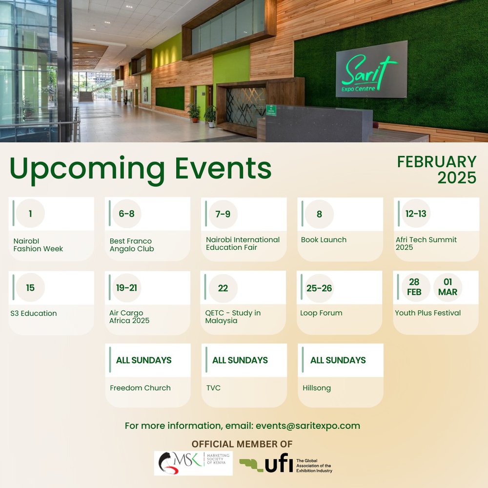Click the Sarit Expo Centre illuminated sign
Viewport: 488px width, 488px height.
(371, 69)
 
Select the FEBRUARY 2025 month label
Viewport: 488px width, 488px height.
(437, 169)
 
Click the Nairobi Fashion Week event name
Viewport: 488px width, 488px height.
(38, 245)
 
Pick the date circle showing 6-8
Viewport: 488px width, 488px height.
(127, 214)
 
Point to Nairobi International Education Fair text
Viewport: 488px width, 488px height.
(243, 244)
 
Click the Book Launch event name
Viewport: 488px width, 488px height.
(324, 240)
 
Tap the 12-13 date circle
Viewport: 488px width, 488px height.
(416, 214)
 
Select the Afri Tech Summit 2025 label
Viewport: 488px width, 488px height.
(426, 244)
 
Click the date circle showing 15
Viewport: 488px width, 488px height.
(30, 288)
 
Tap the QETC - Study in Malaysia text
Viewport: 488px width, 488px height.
(233, 317)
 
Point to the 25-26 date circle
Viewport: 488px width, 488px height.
(319, 288)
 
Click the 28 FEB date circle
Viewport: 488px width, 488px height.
(415, 287)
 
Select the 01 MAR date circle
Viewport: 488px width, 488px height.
(447, 287)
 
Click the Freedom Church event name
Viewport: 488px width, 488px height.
(140, 388)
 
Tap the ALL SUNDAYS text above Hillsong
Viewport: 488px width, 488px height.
(338, 360)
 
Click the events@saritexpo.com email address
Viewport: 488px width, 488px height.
(307, 426)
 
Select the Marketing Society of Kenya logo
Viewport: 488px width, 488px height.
(193, 463)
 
